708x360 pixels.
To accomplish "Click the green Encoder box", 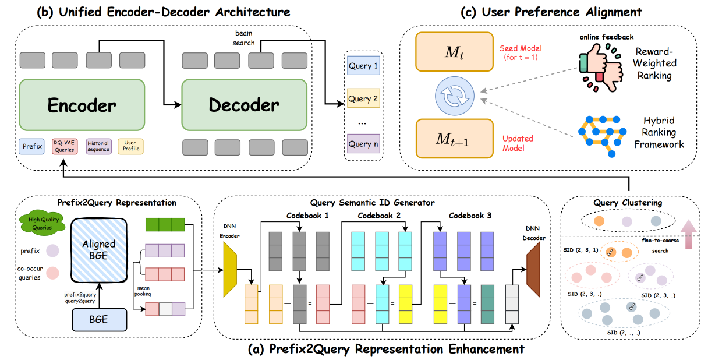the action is (x=82, y=105).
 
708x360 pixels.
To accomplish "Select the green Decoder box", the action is (x=245, y=105).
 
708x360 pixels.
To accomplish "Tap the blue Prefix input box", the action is (x=31, y=146).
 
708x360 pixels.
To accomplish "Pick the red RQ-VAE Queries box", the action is (x=65, y=146).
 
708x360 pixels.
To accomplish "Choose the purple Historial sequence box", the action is (x=98, y=146).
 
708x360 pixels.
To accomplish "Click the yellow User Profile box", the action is (x=131, y=146).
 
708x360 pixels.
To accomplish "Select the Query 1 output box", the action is (x=363, y=65).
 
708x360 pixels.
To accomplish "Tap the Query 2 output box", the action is (x=363, y=98).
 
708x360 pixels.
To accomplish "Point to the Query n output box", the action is (x=363, y=144).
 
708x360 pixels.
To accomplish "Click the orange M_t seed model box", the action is (x=455, y=52).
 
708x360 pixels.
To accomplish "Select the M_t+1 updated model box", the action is (x=455, y=139).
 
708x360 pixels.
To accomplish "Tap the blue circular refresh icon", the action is (x=455, y=96).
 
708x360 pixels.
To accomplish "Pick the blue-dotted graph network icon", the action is (x=603, y=136).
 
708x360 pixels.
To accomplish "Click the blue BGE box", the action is (x=99, y=320).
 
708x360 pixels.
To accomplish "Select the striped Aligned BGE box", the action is (x=99, y=250).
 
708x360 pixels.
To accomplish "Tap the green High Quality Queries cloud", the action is (x=42, y=223).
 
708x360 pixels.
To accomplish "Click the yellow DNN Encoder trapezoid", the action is (x=230, y=270).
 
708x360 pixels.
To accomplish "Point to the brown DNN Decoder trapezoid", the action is (x=533, y=270).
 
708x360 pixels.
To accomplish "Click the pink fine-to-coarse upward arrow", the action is (x=688, y=234).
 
